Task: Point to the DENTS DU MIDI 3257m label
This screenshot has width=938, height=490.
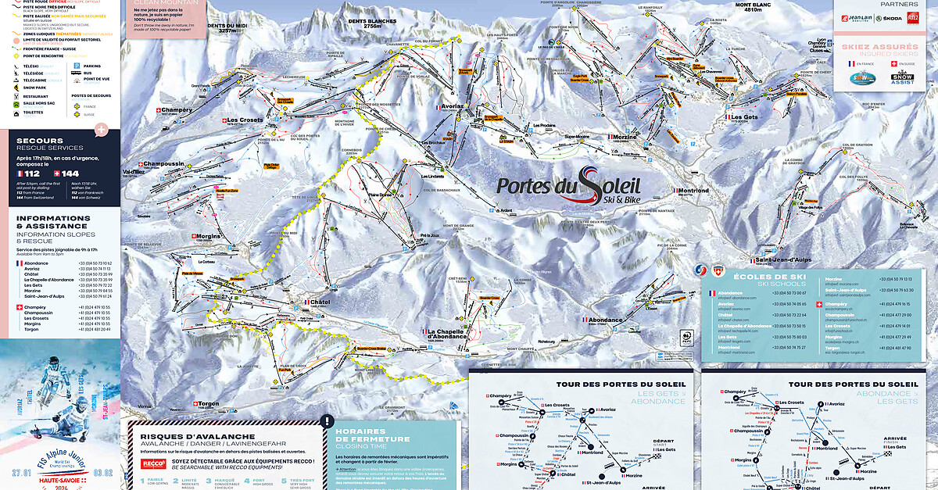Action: pos(227,29)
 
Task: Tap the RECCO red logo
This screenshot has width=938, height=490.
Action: pos(150,463)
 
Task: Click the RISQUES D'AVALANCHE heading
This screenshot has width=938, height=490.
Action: pos(195,436)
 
